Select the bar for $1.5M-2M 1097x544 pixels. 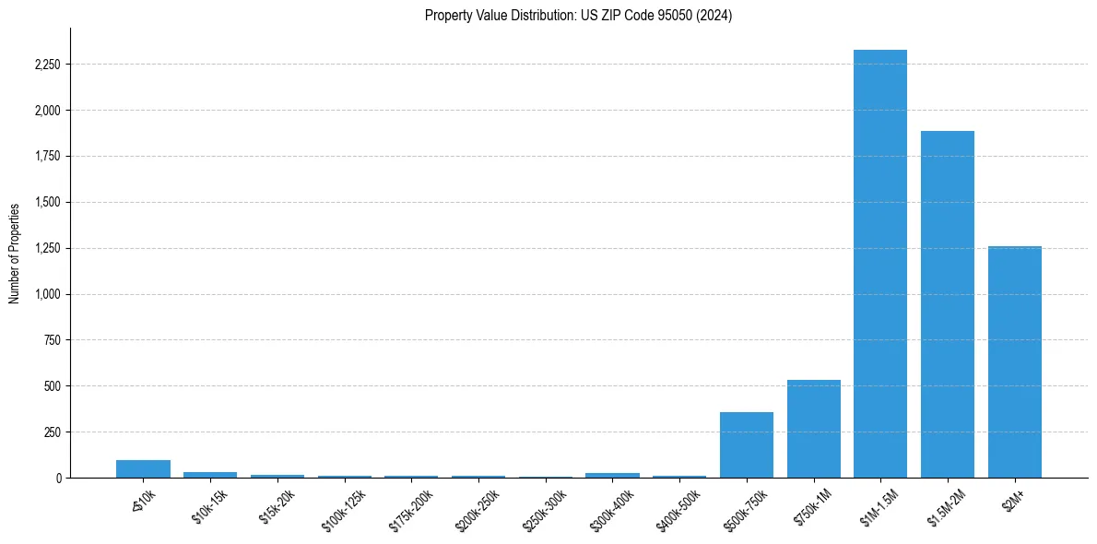[x=947, y=304]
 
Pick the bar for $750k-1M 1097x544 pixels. [x=813, y=429]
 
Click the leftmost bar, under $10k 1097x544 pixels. [x=143, y=468]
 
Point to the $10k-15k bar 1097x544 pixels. [x=210, y=474]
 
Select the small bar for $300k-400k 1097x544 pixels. [x=612, y=475]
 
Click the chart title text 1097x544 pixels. [x=578, y=15]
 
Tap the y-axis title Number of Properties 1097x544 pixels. [x=15, y=253]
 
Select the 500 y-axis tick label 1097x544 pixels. [x=53, y=385]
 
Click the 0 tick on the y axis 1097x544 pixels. [x=58, y=478]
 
